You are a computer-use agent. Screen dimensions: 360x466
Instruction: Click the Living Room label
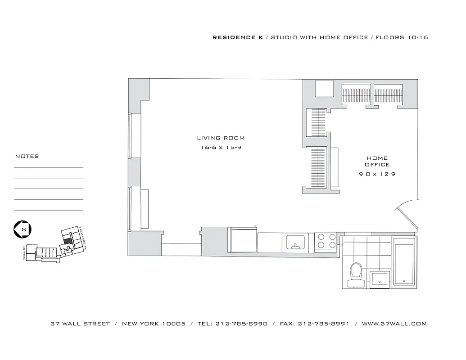coord(221,138)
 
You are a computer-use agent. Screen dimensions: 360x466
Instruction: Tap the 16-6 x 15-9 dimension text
coord(221,148)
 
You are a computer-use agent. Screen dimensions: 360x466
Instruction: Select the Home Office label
coord(377,161)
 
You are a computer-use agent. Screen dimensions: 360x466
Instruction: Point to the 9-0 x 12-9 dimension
coord(377,174)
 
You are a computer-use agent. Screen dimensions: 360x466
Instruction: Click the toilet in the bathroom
coord(357,273)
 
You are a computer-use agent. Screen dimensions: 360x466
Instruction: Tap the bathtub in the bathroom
coord(405,262)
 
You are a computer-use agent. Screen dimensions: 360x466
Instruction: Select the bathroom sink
coord(380,280)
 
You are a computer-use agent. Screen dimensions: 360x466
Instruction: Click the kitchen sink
coord(296,243)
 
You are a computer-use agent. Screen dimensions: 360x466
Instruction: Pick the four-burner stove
coord(325,241)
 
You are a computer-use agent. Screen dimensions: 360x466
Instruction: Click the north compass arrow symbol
coord(23,229)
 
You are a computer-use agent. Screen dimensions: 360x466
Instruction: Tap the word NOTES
coord(27,156)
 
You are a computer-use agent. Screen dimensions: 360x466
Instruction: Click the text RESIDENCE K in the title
coord(238,37)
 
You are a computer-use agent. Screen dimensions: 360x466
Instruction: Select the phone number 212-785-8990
coord(241,324)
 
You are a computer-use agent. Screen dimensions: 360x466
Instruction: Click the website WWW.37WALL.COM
coord(394,324)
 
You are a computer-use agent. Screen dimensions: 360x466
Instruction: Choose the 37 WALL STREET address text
coord(80,324)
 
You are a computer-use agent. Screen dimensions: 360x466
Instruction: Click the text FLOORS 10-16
coord(402,37)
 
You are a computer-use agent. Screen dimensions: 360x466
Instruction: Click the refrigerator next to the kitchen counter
coord(244,240)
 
